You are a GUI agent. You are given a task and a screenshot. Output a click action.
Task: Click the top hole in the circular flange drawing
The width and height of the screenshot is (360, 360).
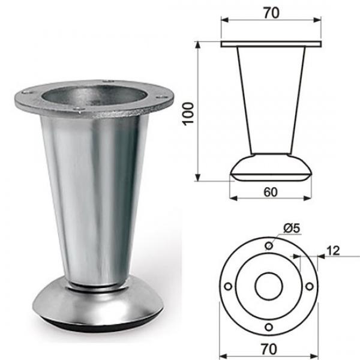[269, 246]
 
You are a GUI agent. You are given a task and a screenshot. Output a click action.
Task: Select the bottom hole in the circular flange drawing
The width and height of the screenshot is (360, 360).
[269, 326]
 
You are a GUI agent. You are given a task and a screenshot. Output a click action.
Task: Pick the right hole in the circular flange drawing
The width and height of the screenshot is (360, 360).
[309, 286]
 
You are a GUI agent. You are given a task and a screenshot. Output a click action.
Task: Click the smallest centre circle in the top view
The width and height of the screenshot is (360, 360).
[269, 286]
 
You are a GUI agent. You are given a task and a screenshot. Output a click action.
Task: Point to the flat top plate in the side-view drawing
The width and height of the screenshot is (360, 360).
[271, 44]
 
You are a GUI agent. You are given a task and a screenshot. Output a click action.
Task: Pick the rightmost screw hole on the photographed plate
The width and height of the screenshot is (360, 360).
[162, 93]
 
